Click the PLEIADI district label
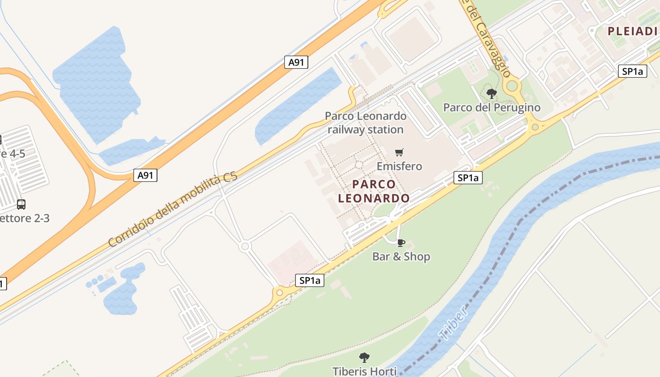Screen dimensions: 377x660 [x=632, y=32]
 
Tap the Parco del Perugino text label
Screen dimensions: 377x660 [x=492, y=107]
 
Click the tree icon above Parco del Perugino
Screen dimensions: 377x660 [x=492, y=93]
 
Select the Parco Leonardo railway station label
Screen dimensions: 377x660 [x=365, y=123]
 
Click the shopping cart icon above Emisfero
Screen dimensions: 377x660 [x=399, y=152]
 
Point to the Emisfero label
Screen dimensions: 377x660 [x=399, y=166]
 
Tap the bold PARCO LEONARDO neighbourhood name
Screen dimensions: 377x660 [x=374, y=191]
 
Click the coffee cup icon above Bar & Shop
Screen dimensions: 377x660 [x=401, y=243]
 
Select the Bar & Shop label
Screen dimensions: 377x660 [x=401, y=257]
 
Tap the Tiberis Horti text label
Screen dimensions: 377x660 [x=364, y=371]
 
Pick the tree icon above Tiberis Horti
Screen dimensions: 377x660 [x=364, y=357]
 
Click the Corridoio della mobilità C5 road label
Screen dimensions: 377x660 [x=173, y=210]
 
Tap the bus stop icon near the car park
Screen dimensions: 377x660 [x=21, y=205]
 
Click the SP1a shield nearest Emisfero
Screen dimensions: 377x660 [x=468, y=178]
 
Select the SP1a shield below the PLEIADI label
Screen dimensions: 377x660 [x=632, y=71]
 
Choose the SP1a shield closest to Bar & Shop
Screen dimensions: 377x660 [x=310, y=280]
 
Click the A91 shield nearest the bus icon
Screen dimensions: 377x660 [x=145, y=176]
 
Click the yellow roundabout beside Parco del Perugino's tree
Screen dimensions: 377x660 [x=512, y=86]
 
